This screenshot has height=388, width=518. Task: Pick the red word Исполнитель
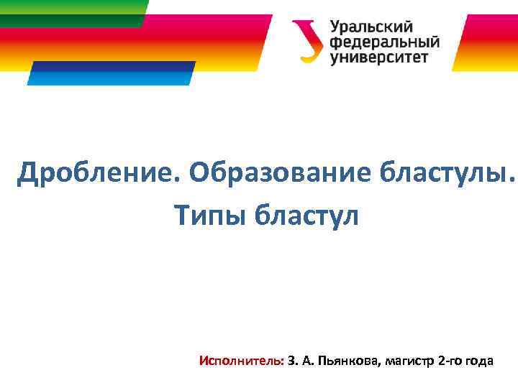coord(242,361)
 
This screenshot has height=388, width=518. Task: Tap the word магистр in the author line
coord(409,361)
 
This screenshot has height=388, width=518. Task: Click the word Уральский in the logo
coord(371,27)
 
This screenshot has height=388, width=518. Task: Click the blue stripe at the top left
coord(112,73)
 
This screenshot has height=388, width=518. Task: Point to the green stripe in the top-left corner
coord(72,12)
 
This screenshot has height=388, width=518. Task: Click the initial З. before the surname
coord(291,361)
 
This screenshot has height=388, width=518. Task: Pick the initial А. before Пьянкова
coord(306,361)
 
